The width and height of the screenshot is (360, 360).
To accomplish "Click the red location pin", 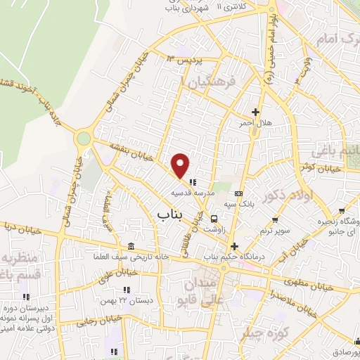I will [x=181, y=166].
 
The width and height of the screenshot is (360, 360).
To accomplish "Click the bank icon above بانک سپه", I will [x=238, y=193].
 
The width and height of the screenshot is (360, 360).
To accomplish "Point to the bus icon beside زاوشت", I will [x=214, y=218].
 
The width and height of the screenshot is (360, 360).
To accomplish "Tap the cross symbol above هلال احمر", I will [x=255, y=112].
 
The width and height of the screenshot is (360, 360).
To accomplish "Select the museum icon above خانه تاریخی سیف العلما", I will [x=131, y=245].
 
